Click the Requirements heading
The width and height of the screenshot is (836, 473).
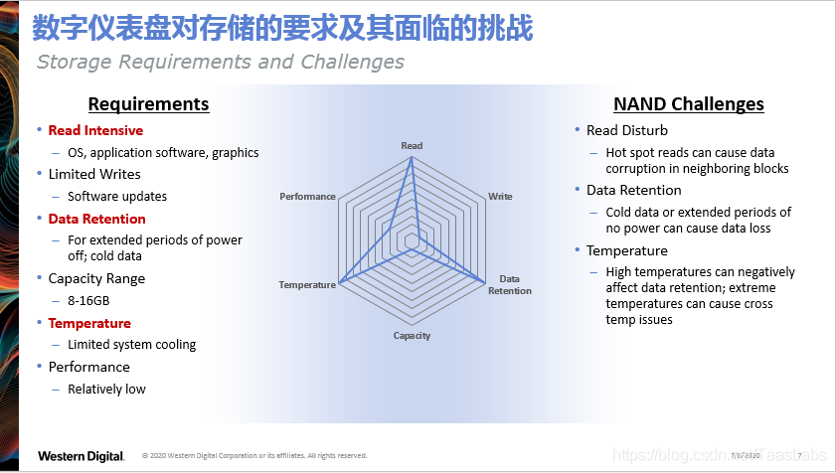coord(148,104)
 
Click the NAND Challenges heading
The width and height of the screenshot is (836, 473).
coord(688,104)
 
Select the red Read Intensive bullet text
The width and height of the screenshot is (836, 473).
coord(95,130)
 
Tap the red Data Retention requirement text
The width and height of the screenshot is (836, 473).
coord(96,219)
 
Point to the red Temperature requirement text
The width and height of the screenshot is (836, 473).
coord(89,323)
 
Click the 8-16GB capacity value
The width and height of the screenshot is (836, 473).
coord(88,300)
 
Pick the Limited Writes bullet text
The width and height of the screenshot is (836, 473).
coord(94,175)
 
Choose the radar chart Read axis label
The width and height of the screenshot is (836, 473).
coord(412,146)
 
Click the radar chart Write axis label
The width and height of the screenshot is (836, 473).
coord(500,197)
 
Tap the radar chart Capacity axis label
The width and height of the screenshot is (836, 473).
coord(412,336)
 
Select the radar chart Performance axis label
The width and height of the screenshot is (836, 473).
coord(307,197)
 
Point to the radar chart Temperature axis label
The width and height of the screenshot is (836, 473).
coord(307,285)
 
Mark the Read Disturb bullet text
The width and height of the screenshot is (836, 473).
coord(627,130)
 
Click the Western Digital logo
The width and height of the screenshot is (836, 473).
coord(81,456)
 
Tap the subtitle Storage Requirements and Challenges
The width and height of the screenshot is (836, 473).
coord(220,62)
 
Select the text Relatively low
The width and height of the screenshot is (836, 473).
coord(106,389)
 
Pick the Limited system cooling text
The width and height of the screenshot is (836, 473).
coord(131,345)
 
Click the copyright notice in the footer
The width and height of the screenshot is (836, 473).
coord(254,456)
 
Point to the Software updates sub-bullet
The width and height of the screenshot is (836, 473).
coord(117,197)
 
